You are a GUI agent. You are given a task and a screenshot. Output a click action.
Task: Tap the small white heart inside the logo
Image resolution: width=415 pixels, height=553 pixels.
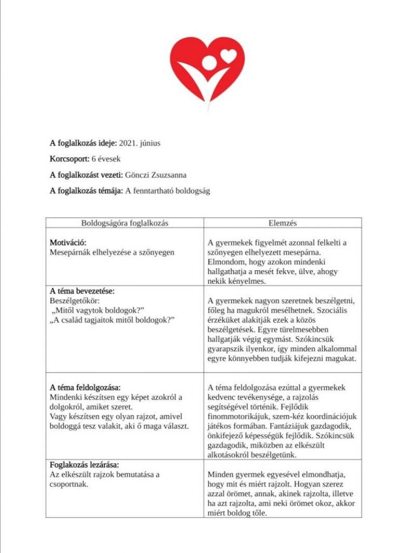click(228, 54)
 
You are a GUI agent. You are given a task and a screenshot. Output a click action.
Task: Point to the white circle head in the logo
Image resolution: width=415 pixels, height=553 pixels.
click(210, 63)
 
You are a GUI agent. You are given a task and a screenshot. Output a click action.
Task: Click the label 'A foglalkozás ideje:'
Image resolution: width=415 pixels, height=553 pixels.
click(84, 143)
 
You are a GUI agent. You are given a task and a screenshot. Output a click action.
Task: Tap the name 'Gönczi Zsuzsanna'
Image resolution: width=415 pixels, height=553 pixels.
click(155, 175)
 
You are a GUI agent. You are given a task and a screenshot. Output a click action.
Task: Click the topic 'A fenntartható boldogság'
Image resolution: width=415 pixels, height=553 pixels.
click(167, 191)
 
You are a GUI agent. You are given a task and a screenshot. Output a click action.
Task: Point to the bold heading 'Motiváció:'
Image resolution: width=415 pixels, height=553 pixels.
click(68, 242)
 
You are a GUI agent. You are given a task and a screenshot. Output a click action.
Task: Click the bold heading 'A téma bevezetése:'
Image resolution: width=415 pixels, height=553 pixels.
click(82, 291)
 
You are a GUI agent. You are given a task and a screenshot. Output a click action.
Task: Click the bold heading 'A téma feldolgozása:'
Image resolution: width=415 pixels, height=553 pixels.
click(85, 388)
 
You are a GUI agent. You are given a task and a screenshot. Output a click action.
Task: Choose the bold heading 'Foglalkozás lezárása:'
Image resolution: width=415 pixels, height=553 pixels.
click(88, 464)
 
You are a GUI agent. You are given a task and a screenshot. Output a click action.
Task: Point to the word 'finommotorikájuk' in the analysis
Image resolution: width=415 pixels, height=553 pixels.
click(237, 417)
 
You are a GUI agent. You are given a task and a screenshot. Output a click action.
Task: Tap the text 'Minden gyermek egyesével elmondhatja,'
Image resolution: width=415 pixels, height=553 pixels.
click(276, 475)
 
